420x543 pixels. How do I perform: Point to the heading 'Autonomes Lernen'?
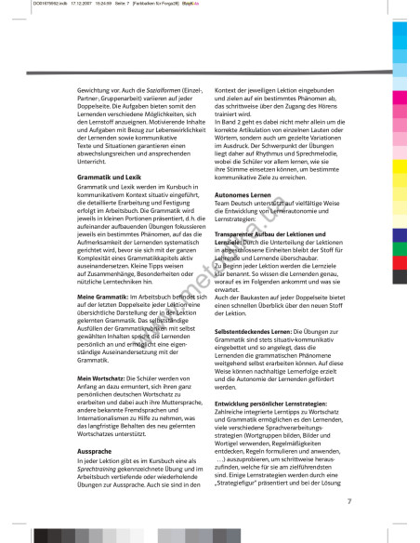coord(244,187)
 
